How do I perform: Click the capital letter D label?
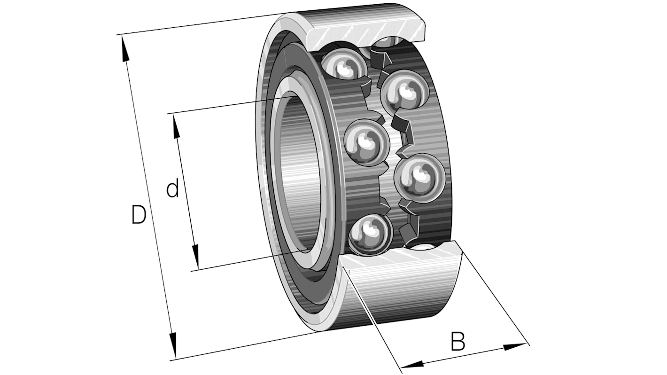coord(138,215)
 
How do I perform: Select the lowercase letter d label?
coord(173,189)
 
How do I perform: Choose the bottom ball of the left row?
coord(371,234)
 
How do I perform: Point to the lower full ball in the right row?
coord(419,177)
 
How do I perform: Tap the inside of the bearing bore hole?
coord(296,174)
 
